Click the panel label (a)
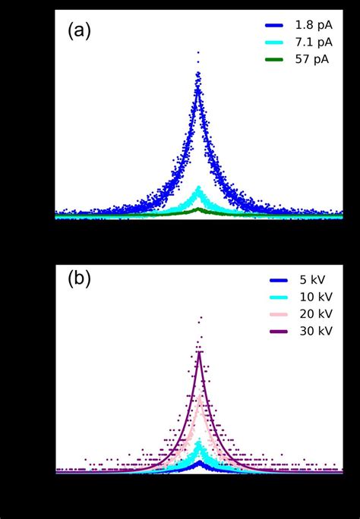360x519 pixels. pyautogui.click(x=79, y=31)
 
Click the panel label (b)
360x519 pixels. pyautogui.click(x=79, y=278)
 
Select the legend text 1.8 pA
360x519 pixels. pyautogui.click(x=314, y=25)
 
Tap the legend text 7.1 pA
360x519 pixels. pyautogui.click(x=314, y=42)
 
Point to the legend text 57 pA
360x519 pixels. pyautogui.click(x=311, y=58)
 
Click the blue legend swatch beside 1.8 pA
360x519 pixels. pyautogui.click(x=272, y=25)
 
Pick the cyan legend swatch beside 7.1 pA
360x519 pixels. pyautogui.click(x=272, y=42)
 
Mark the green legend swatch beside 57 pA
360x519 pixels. pyautogui.click(x=272, y=58)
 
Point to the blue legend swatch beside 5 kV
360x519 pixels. pyautogui.click(x=272, y=279)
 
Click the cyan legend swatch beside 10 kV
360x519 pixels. pyautogui.click(x=272, y=297)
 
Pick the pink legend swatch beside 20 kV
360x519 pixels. pyautogui.click(x=272, y=314)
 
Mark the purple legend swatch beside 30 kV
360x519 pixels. pyautogui.click(x=272, y=332)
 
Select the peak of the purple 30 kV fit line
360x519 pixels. pyautogui.click(x=200, y=351)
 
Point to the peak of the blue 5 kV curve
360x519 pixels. pyautogui.click(x=200, y=461)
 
